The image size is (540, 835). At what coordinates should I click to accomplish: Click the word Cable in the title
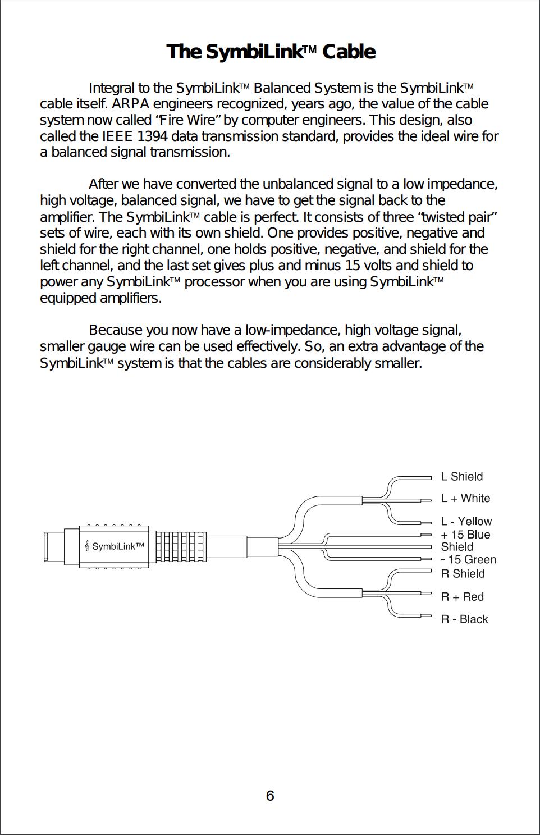(x=349, y=52)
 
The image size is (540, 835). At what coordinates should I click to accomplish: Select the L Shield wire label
(x=462, y=476)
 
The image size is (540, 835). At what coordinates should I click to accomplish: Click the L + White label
(x=465, y=498)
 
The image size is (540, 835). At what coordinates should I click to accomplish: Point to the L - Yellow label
(x=466, y=521)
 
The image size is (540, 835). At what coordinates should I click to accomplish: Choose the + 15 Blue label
(x=465, y=535)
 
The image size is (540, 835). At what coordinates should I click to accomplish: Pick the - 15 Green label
(x=469, y=559)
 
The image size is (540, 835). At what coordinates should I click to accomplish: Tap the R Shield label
(x=463, y=574)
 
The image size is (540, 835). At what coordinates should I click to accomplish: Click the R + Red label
(x=462, y=597)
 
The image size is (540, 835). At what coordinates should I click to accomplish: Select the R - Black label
(x=464, y=619)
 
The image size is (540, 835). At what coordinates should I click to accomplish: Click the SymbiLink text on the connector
(x=118, y=546)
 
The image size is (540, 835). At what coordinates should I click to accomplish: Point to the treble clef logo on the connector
(x=87, y=546)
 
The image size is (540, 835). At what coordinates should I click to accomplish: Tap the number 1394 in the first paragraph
(x=152, y=136)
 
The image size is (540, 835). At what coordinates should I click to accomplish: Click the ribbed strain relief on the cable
(x=181, y=546)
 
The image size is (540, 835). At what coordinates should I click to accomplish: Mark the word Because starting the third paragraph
(x=115, y=330)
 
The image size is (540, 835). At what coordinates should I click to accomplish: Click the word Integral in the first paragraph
(x=112, y=88)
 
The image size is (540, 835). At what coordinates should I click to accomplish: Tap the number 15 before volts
(x=352, y=266)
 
